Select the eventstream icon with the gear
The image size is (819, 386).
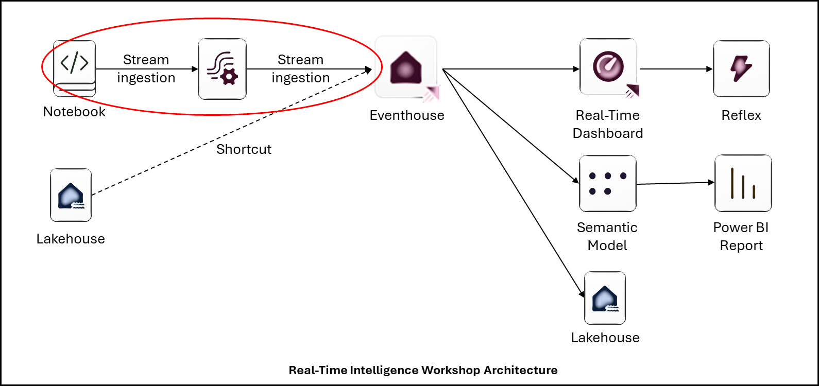click(x=222, y=69)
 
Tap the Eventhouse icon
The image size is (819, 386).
click(x=406, y=67)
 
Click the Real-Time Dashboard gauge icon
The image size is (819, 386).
click(x=608, y=67)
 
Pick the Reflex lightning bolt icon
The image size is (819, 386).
click(x=741, y=68)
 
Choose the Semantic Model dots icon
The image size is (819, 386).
click(x=608, y=184)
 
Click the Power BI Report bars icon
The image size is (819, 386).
click(x=743, y=184)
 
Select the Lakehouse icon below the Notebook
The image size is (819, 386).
click(x=71, y=195)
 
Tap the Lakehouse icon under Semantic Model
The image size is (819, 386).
click(x=605, y=298)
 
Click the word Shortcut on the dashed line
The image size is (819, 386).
click(x=244, y=149)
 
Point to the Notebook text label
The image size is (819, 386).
click(x=74, y=112)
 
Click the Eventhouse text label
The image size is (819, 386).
click(x=407, y=115)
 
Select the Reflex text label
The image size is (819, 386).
click(x=741, y=115)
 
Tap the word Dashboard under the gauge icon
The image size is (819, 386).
click(x=608, y=133)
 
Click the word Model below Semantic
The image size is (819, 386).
click(x=607, y=245)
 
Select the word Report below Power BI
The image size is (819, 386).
click(x=741, y=245)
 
